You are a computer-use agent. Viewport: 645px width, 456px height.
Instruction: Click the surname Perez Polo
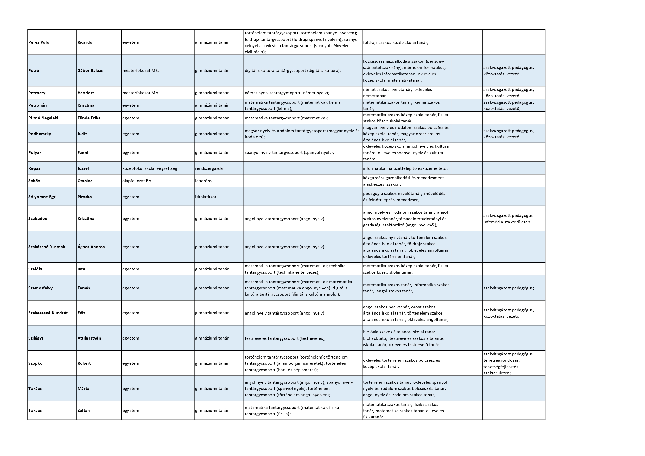click(39, 42)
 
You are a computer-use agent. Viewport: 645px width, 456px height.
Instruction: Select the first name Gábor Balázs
click(90, 70)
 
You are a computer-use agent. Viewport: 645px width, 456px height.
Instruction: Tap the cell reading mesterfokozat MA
click(140, 93)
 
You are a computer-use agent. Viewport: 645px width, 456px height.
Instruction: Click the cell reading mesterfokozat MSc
click(141, 70)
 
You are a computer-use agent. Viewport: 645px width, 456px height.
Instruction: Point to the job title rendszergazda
click(209, 168)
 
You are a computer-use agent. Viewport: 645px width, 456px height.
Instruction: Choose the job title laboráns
click(203, 181)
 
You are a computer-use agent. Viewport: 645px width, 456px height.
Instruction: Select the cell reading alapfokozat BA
click(137, 181)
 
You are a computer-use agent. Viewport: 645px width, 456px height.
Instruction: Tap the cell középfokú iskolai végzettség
click(150, 168)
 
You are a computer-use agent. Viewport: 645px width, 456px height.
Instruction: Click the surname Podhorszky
click(40, 134)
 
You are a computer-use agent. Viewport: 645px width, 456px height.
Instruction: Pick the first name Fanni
click(83, 152)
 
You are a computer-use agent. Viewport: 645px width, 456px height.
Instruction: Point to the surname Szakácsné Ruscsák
click(47, 247)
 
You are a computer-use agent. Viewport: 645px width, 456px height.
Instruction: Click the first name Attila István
click(89, 338)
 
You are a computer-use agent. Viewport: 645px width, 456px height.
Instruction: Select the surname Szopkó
click(35, 363)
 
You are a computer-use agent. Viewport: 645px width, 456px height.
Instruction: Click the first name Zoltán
click(83, 411)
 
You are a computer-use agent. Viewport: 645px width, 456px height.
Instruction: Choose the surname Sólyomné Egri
click(42, 197)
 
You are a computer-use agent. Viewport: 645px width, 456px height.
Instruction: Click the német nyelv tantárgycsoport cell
click(287, 93)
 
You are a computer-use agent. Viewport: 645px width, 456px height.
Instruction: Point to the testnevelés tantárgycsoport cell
click(285, 338)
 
